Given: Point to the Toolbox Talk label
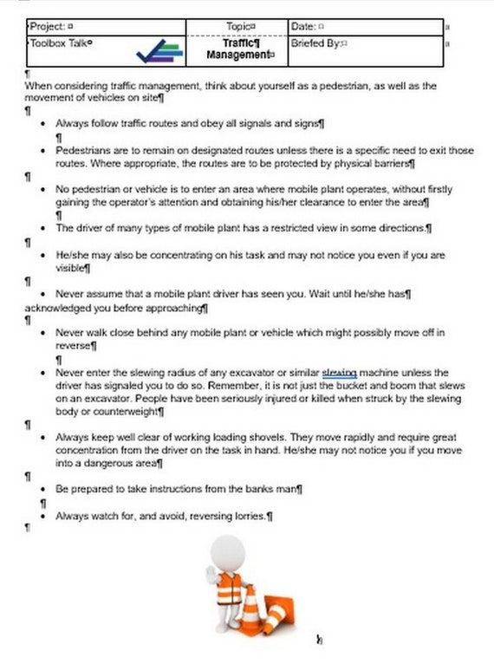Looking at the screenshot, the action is pyautogui.click(x=61, y=42).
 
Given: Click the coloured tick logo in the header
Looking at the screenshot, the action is pyautogui.click(x=159, y=52).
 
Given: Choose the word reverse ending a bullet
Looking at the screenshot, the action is pyautogui.click(x=74, y=346).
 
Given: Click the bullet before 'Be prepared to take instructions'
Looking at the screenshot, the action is pyautogui.click(x=43, y=490).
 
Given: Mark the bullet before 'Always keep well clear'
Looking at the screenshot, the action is pyautogui.click(x=43, y=438).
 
